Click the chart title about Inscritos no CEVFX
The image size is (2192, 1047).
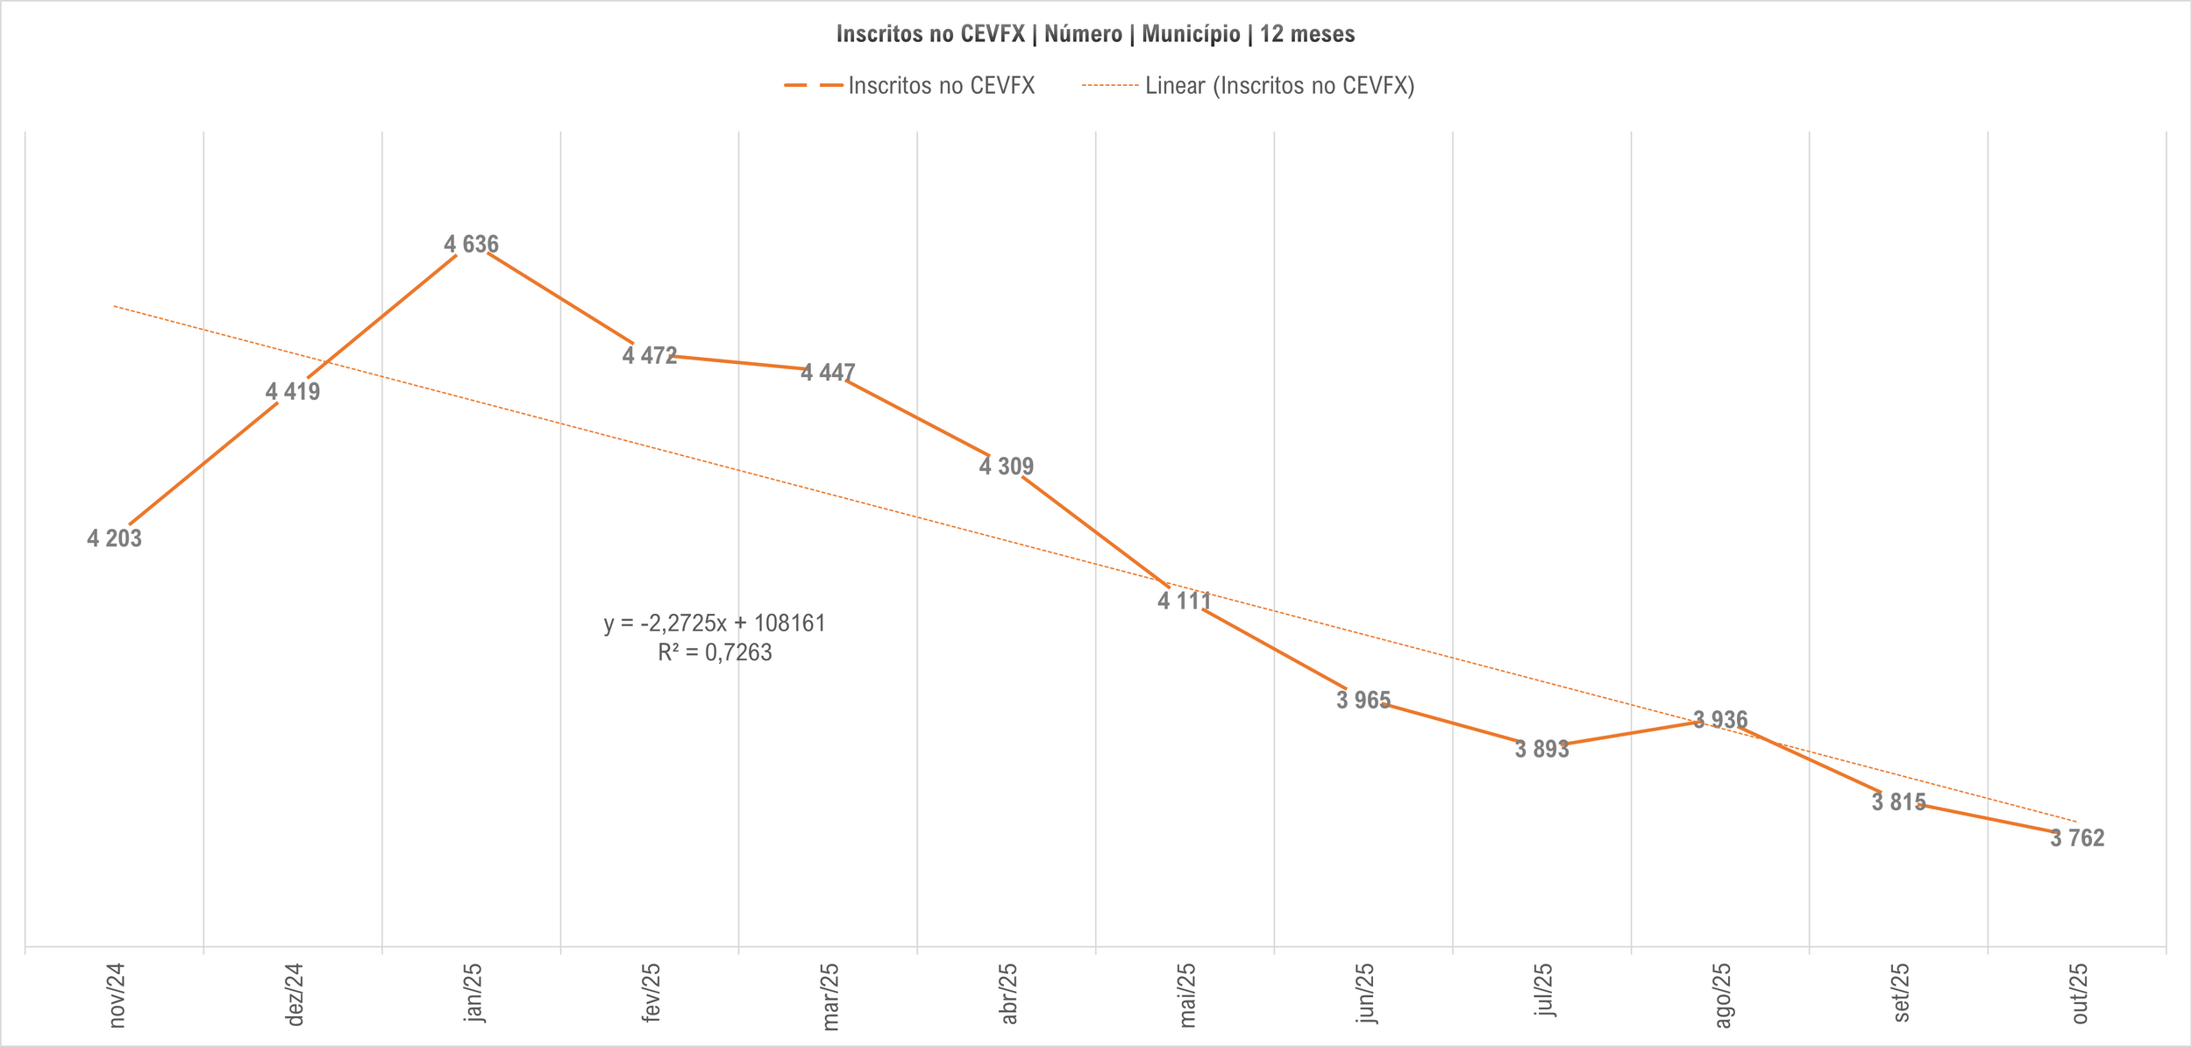click(x=1095, y=34)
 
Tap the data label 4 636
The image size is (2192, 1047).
click(x=471, y=245)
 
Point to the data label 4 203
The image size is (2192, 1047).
click(x=114, y=538)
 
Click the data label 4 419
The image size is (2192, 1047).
click(x=293, y=392)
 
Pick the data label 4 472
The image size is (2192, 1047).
click(x=650, y=355)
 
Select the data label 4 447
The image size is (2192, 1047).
click(x=828, y=373)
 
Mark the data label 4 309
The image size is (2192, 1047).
click(x=1007, y=467)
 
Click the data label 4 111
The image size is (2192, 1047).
click(x=1185, y=602)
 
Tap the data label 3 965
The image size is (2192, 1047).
click(x=1363, y=700)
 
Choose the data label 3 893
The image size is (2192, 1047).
click(x=1541, y=749)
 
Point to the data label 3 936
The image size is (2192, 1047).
click(x=1720, y=720)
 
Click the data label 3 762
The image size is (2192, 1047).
click(x=2077, y=838)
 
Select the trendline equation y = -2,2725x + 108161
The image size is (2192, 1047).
click(x=715, y=623)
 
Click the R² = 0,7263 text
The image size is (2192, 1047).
click(x=715, y=652)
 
